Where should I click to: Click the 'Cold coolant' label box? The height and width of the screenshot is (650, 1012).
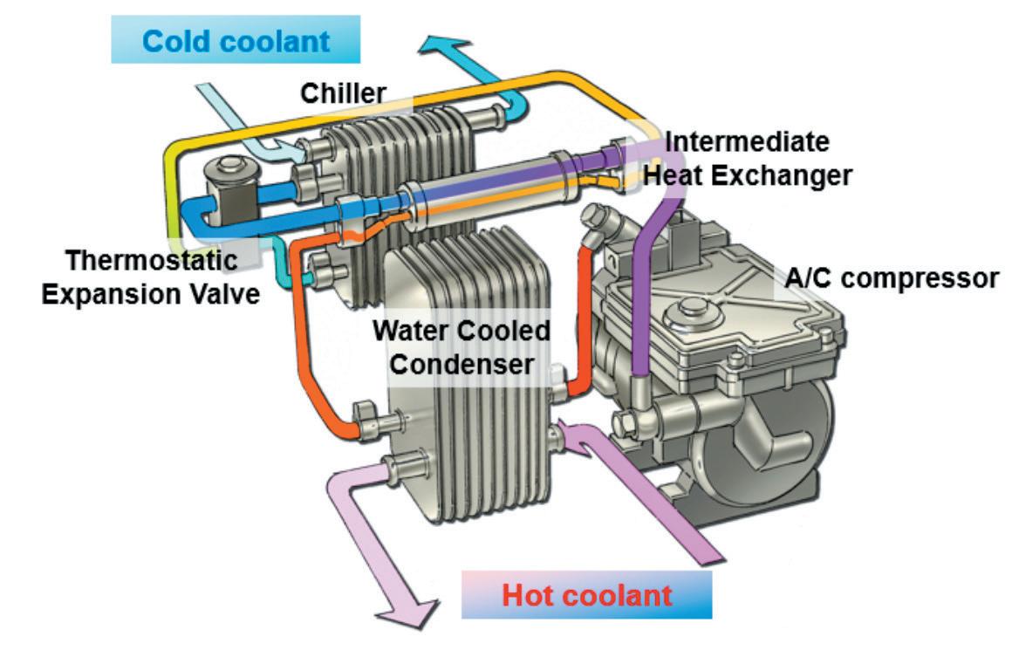point(236,40)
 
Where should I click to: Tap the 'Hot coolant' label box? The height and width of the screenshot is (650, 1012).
point(586,596)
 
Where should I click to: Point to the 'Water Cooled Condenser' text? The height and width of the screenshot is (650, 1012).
point(462,347)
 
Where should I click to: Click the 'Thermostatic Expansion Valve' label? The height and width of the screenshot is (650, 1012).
point(153,277)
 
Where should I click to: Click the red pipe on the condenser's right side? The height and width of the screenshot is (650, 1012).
point(579,314)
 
